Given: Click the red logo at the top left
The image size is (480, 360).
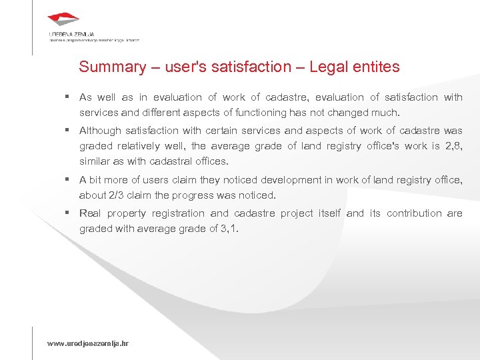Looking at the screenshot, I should click(x=64, y=20).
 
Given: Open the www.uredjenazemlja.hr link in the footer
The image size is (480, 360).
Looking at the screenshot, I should click(x=87, y=343).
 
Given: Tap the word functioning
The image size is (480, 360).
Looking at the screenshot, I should click(x=283, y=113).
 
